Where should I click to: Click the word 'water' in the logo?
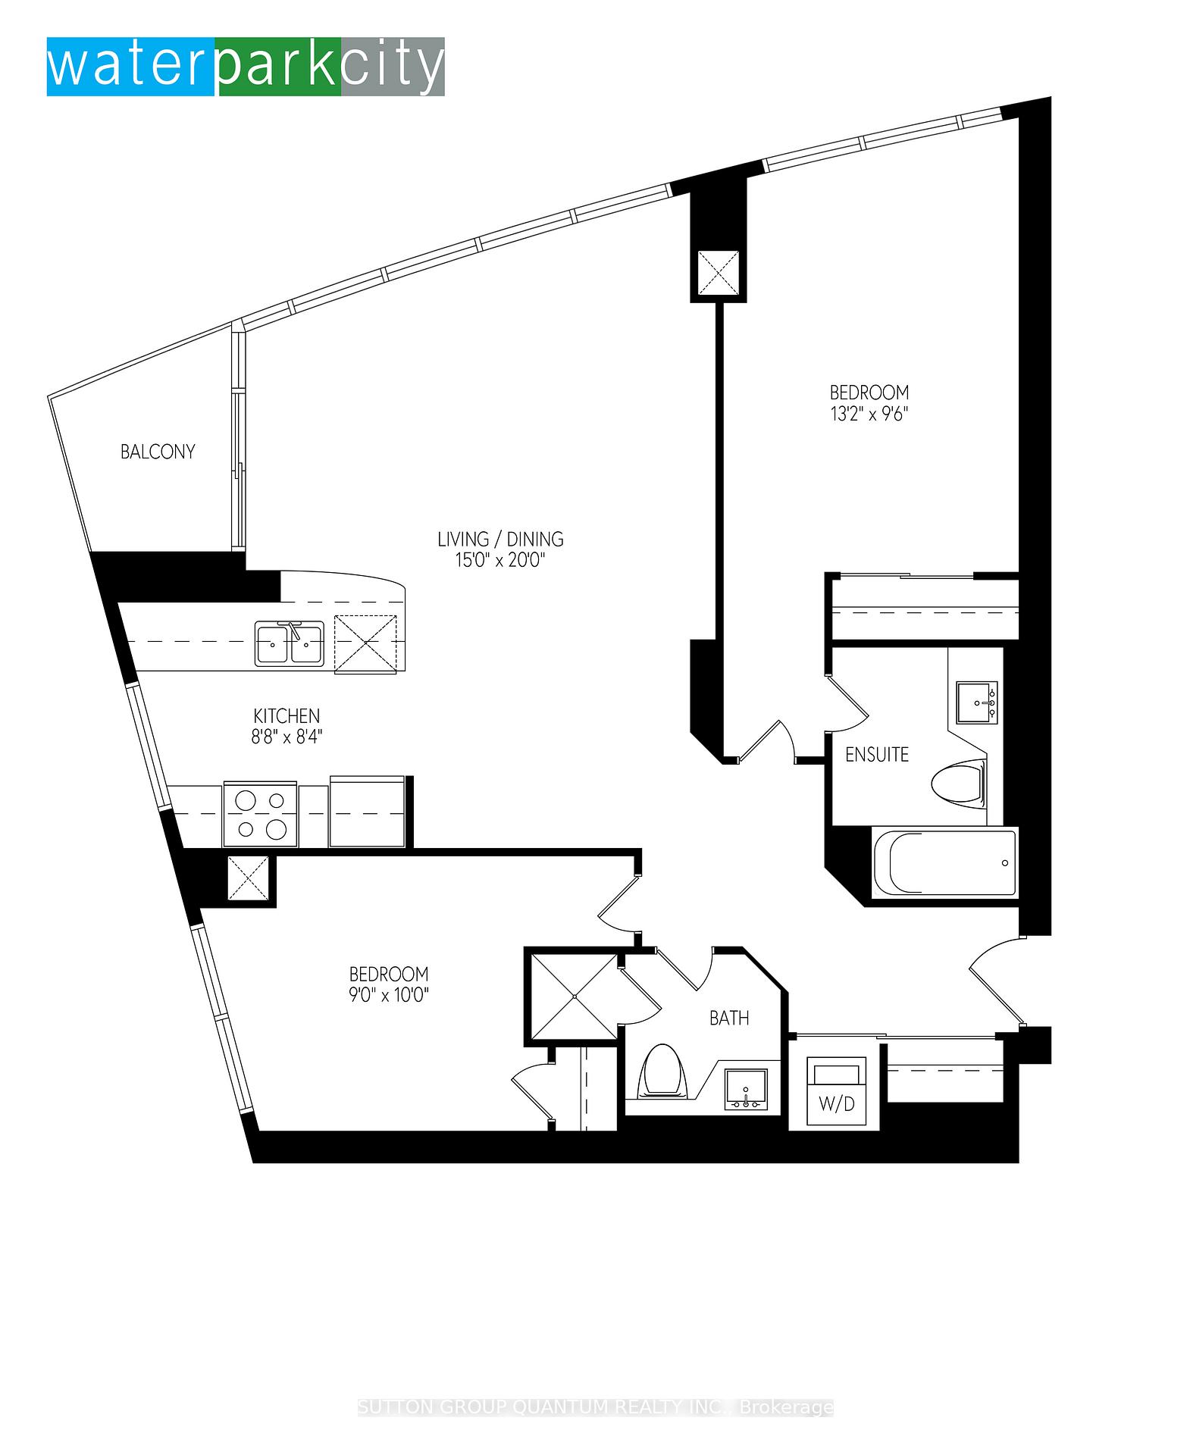pyautogui.click(x=130, y=67)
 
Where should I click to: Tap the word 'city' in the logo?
pyautogui.click(x=391, y=68)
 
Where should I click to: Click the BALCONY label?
pyautogui.click(x=158, y=452)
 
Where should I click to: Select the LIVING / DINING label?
pyautogui.click(x=500, y=539)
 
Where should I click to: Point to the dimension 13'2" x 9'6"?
pyautogui.click(x=869, y=414)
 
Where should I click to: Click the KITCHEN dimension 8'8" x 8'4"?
pyautogui.click(x=287, y=736)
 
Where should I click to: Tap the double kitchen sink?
pyautogui.click(x=290, y=643)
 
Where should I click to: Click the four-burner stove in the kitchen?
pyautogui.click(x=260, y=814)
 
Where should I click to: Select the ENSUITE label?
pyautogui.click(x=877, y=754)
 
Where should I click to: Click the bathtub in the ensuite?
pyautogui.click(x=944, y=863)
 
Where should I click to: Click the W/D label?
pyautogui.click(x=837, y=1103)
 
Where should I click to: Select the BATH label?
pyautogui.click(x=729, y=1018)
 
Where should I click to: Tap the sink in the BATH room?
pyautogui.click(x=746, y=1090)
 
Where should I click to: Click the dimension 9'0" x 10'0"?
pyautogui.click(x=389, y=994)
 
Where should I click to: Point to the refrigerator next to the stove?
pyautogui.click(x=368, y=811)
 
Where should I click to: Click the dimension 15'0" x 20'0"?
pyautogui.click(x=500, y=560)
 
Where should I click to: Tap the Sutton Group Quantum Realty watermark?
pyautogui.click(x=596, y=1407)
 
